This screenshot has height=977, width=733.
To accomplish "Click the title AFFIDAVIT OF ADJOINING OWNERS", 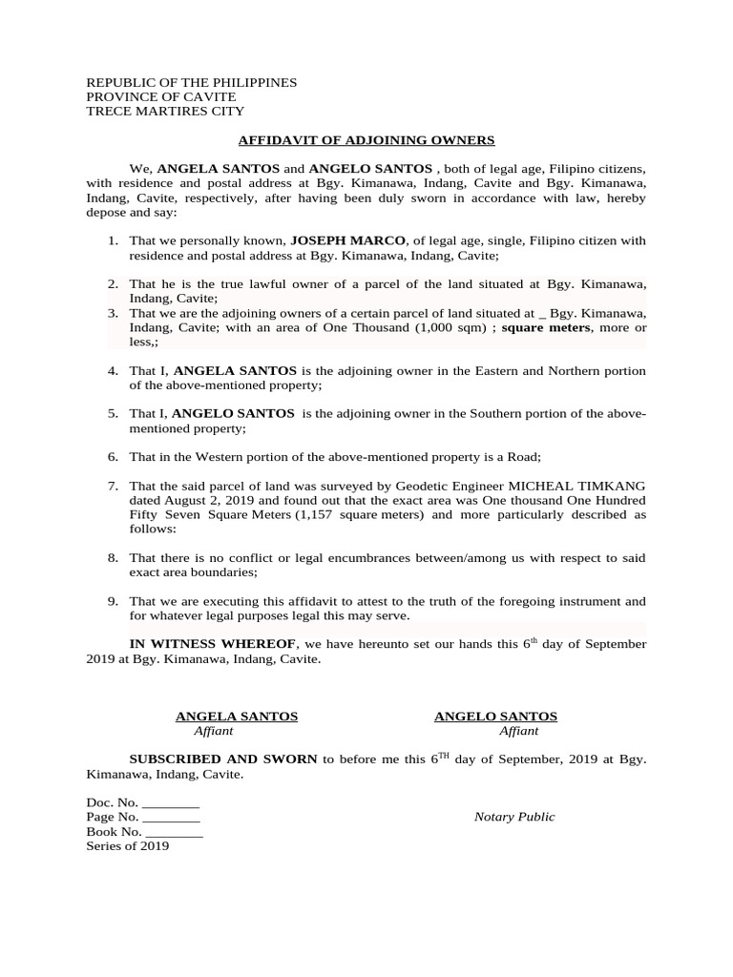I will tap(366, 140).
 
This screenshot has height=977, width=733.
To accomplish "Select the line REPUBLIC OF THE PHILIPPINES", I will tap(192, 83).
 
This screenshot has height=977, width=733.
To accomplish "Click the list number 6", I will tap(113, 457).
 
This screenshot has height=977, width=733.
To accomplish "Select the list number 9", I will tap(113, 601).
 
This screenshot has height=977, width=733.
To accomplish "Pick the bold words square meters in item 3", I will tap(546, 327).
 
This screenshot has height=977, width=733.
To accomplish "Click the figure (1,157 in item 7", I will tap(316, 515).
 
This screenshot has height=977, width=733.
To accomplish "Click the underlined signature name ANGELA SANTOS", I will tap(237, 717).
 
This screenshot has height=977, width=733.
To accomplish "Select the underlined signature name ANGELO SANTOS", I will tap(495, 717).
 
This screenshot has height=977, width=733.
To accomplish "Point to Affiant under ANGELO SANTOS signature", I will tap(518, 731).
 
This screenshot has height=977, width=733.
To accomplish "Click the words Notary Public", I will tap(514, 817).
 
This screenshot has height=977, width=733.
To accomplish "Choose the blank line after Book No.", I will tap(175, 832).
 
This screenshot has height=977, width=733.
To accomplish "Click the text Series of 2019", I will tap(128, 845).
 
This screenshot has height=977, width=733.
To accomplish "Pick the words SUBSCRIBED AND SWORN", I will tap(223, 759).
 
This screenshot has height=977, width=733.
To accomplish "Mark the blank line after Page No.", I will tap(171, 818).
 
